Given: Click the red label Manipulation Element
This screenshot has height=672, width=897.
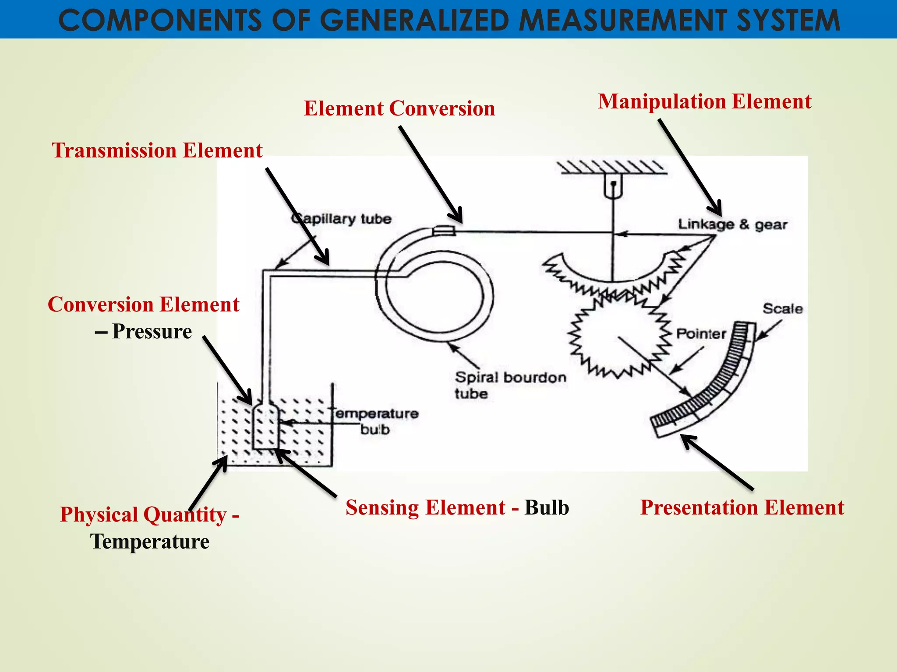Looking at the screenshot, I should pyautogui.click(x=704, y=101).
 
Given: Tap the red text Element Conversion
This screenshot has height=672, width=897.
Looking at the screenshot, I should pyautogui.click(x=399, y=108).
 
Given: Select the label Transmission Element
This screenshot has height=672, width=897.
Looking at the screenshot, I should pyautogui.click(x=157, y=150).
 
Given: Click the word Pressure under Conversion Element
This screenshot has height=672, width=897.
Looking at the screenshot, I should pyautogui.click(x=152, y=332).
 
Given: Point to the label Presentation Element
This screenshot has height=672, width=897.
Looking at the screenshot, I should pyautogui.click(x=742, y=507).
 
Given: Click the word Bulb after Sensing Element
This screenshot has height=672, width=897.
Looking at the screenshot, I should pyautogui.click(x=547, y=507).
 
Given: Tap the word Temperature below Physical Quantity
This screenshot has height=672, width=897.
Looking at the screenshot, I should pyautogui.click(x=150, y=542).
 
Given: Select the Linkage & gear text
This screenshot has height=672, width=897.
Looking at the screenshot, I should pyautogui.click(x=732, y=224).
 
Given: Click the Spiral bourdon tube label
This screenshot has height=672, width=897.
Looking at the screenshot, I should pyautogui.click(x=510, y=385).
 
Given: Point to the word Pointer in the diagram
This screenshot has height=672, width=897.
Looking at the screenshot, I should pyautogui.click(x=701, y=334).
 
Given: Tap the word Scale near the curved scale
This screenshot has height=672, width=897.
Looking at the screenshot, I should pyautogui.click(x=782, y=309).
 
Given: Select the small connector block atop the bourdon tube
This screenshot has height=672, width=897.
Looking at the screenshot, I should pyautogui.click(x=444, y=230).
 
